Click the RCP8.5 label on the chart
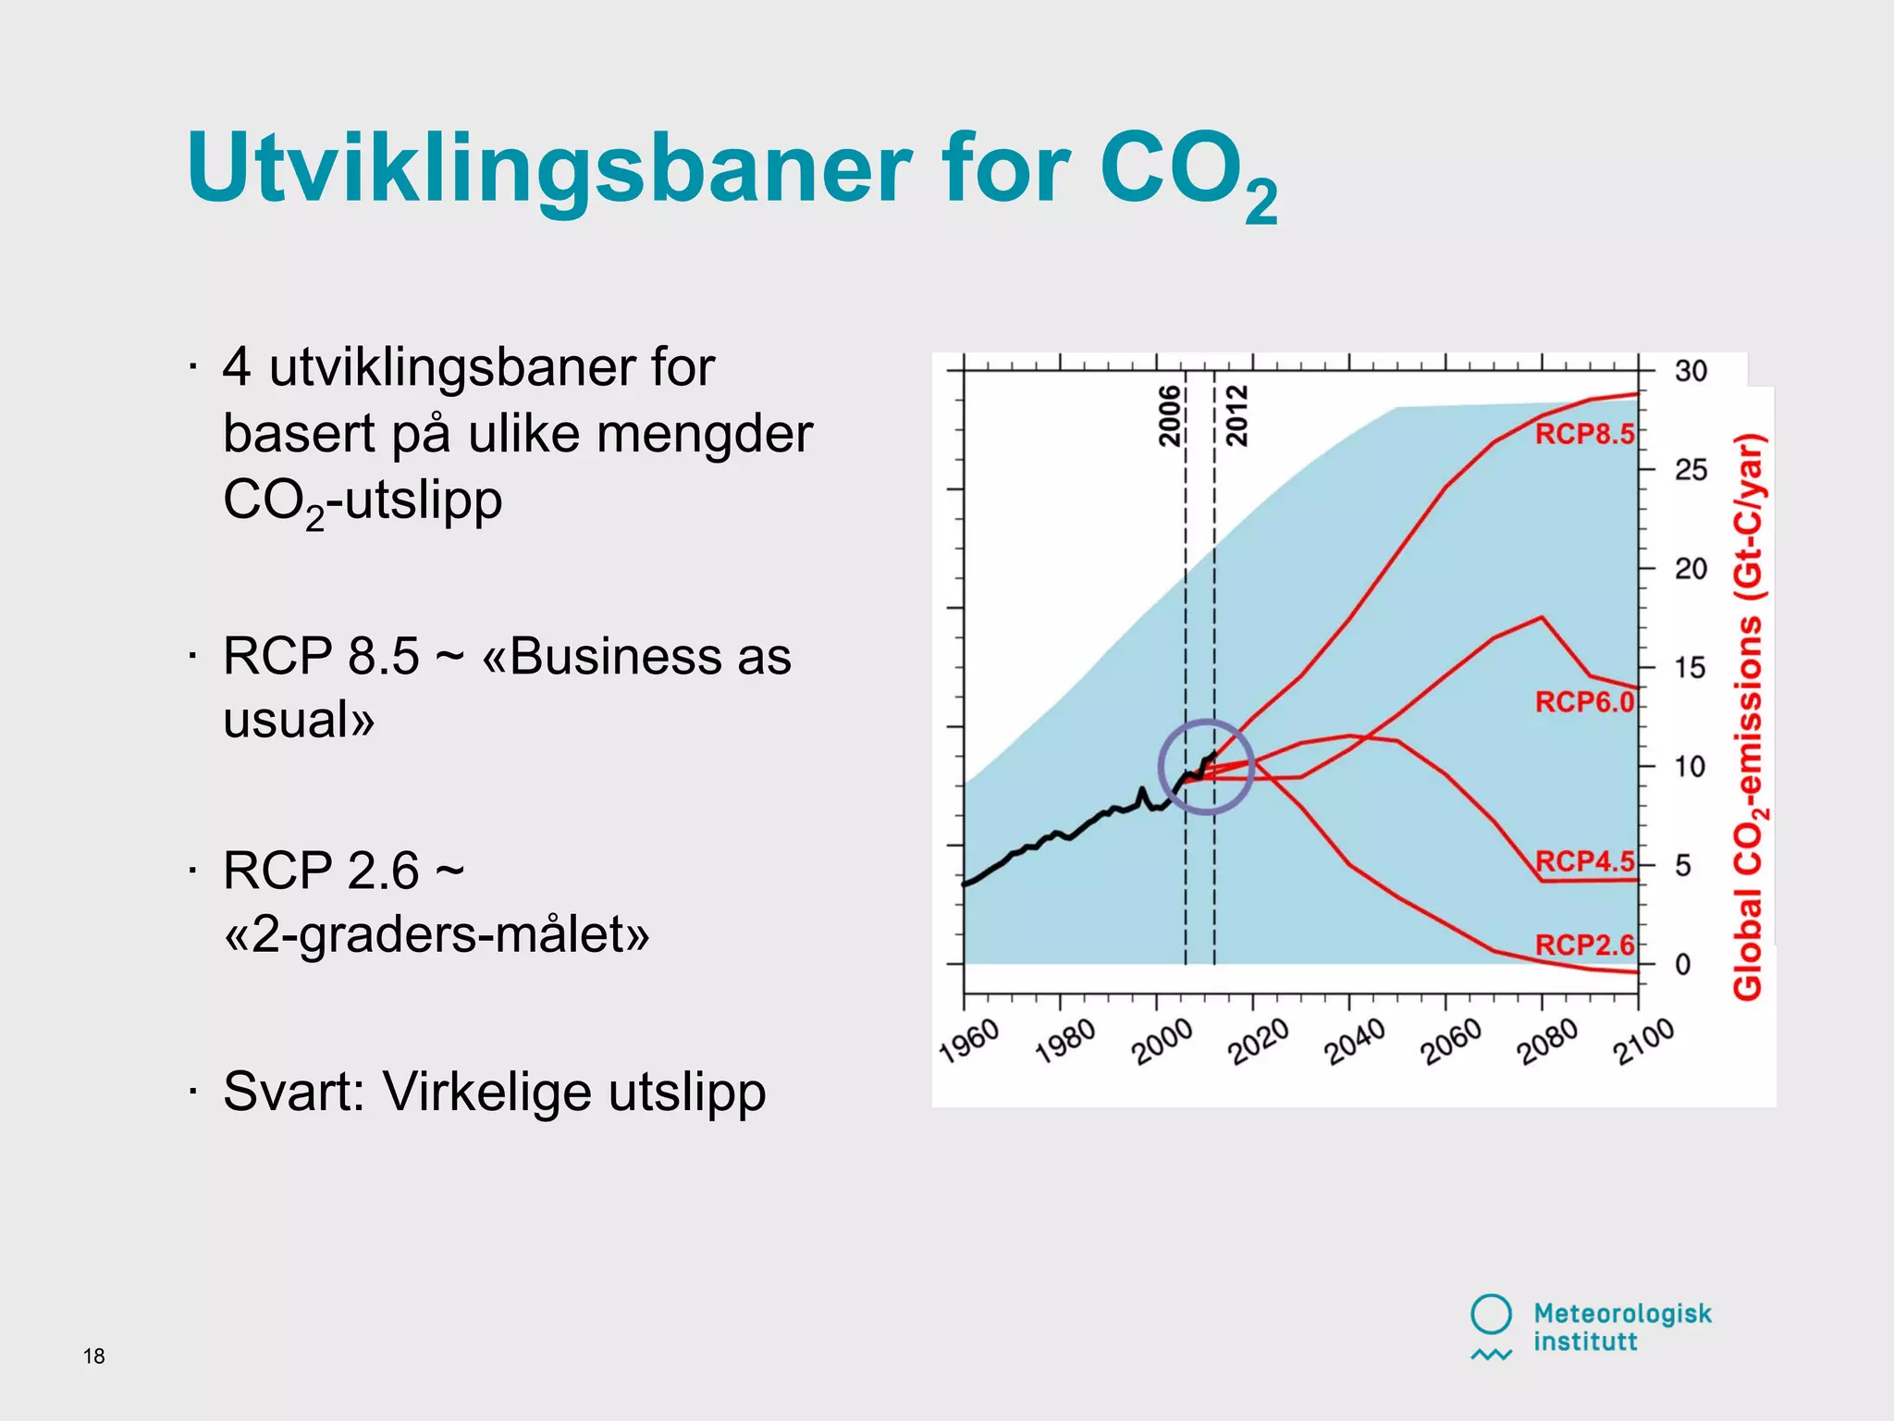(1584, 434)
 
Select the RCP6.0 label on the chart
(1584, 702)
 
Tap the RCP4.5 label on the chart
(1584, 861)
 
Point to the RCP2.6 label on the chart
(1584, 945)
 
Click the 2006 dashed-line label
(1171, 416)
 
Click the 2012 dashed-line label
(1237, 416)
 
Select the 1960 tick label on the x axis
(969, 1042)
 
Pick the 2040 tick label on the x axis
(1355, 1042)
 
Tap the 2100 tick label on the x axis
(1644, 1042)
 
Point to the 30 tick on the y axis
(1691, 371)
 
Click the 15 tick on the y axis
(1690, 668)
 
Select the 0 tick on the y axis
(1683, 965)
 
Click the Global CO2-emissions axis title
(1749, 717)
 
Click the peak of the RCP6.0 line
(1541, 618)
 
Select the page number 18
(93, 1356)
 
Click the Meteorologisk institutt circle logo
(1491, 1315)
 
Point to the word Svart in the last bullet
(293, 1092)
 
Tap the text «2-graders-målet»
(437, 934)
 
